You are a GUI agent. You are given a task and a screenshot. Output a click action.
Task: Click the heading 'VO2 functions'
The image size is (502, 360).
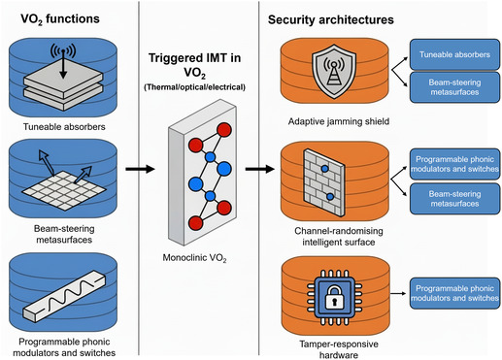click(x=60, y=19)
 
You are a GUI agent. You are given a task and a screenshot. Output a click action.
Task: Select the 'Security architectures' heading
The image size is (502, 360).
click(x=331, y=20)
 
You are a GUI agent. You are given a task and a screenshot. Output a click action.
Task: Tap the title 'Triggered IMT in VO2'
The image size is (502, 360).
click(x=194, y=65)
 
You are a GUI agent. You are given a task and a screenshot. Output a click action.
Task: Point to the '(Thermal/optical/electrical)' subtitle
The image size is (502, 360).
click(x=194, y=87)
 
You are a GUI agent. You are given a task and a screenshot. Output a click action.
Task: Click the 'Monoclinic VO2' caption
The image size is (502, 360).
click(x=194, y=258)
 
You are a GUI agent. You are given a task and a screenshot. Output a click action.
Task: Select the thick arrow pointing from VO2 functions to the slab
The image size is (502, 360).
click(x=140, y=169)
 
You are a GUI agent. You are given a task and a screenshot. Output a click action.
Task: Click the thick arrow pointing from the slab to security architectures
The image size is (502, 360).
click(x=260, y=169)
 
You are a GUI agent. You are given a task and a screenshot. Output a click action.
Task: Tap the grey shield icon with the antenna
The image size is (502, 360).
click(x=334, y=71)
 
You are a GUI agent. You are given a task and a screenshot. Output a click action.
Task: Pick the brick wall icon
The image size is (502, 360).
click(x=324, y=182)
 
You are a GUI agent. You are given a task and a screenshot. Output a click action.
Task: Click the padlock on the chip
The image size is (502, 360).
click(x=334, y=296)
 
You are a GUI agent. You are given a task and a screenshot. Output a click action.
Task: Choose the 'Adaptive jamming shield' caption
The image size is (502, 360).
click(x=339, y=121)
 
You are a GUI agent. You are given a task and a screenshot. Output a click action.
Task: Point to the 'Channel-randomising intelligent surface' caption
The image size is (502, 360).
click(x=339, y=237)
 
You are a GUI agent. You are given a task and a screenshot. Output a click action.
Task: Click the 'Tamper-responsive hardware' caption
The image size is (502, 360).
click(x=339, y=349)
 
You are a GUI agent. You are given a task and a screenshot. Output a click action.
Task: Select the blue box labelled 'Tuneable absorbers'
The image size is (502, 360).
click(x=454, y=54)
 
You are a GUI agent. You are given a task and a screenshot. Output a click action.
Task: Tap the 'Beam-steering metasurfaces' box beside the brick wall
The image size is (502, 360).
click(x=454, y=199)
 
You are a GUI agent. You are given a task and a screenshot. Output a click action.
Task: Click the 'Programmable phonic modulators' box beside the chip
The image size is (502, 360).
click(x=454, y=293)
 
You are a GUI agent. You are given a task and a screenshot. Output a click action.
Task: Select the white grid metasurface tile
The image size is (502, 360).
click(x=64, y=191)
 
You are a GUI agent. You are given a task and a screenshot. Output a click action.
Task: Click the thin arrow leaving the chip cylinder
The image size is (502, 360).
click(x=398, y=293)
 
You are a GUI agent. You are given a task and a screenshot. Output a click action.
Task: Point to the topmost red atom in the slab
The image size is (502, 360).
click(x=224, y=130)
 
